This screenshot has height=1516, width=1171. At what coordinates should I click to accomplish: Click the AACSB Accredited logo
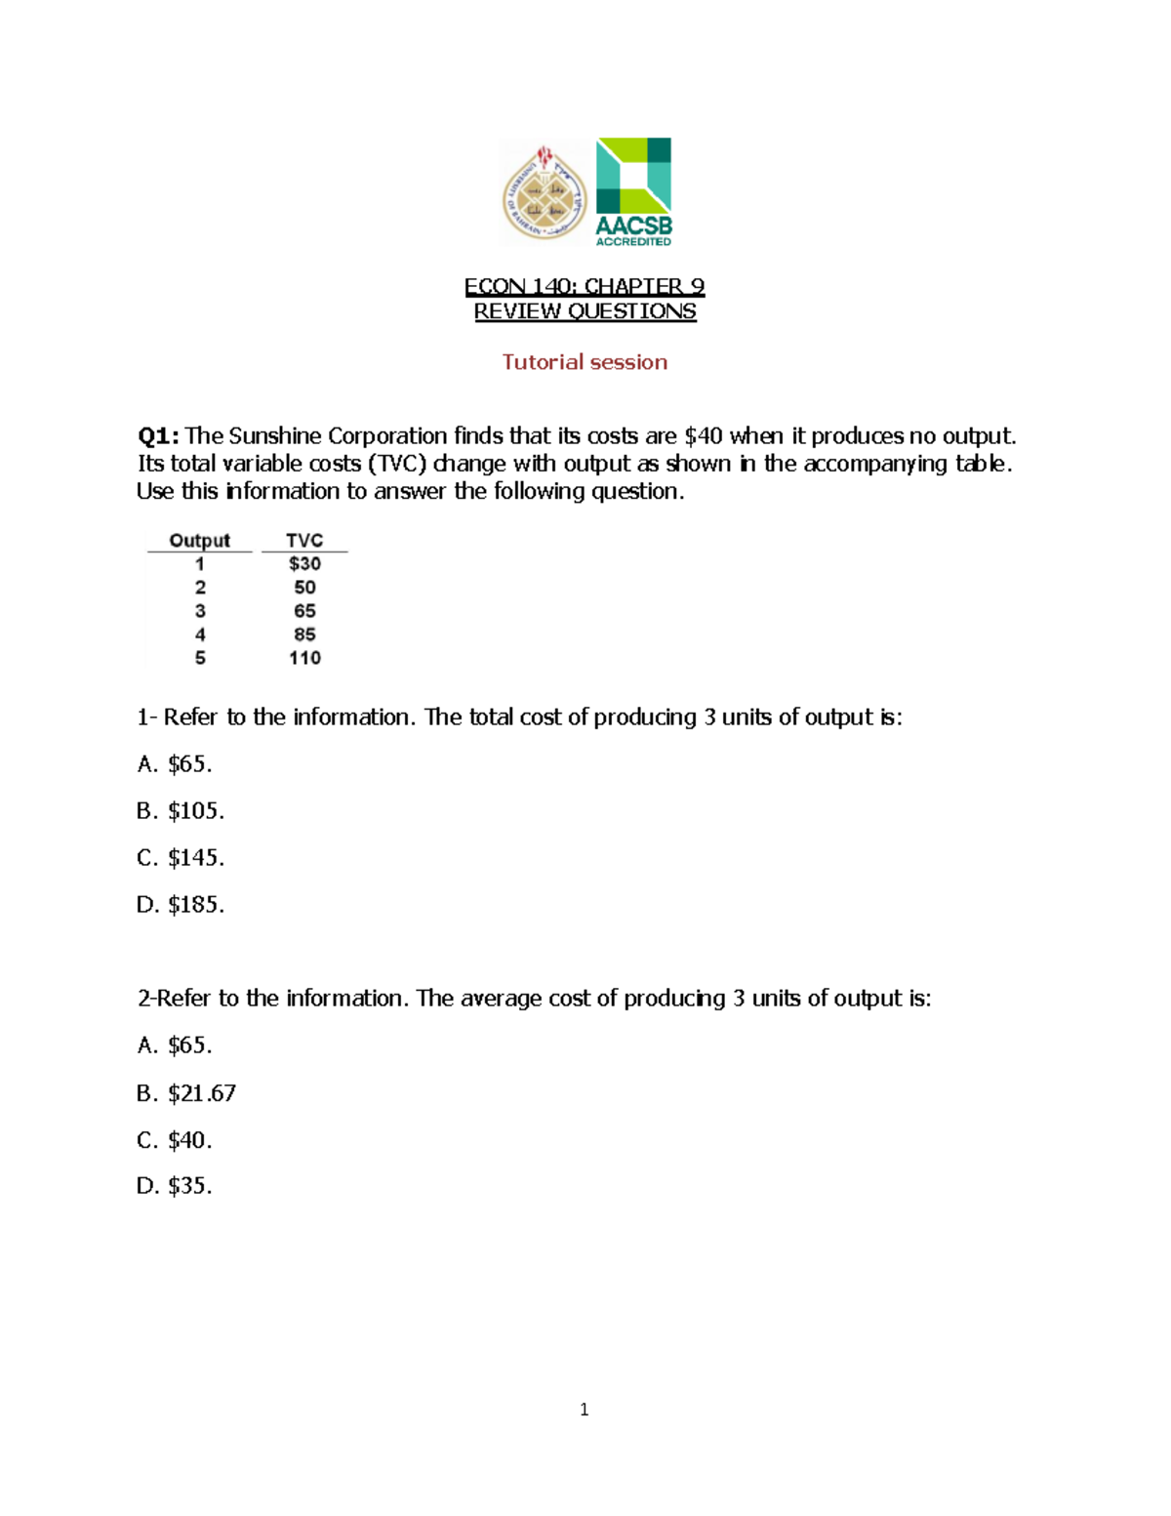click(x=633, y=191)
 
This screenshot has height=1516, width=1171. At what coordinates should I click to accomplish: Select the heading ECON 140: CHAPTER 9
click(x=585, y=286)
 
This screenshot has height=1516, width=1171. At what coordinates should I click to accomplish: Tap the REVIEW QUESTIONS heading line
click(x=585, y=311)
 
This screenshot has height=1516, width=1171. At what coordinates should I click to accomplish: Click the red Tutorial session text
click(x=585, y=362)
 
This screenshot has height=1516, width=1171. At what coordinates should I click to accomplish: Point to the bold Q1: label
click(x=158, y=435)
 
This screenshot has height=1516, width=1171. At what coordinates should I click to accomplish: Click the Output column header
click(x=199, y=540)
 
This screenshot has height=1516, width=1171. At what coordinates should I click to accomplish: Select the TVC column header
click(x=304, y=540)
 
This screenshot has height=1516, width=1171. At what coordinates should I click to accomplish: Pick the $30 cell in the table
click(x=304, y=563)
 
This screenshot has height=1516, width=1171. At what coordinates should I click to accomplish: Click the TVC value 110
click(x=304, y=658)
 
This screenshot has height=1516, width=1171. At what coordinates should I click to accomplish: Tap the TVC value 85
click(x=304, y=635)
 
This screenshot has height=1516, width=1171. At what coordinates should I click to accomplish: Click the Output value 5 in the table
click(x=200, y=658)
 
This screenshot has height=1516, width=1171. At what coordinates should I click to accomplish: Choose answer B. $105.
click(x=181, y=811)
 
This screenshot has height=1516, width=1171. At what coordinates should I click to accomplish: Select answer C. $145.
click(x=181, y=858)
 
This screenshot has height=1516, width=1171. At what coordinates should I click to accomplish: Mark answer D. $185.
click(x=181, y=905)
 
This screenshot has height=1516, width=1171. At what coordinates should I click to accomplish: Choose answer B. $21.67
click(x=186, y=1093)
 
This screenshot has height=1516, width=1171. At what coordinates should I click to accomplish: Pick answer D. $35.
click(x=175, y=1186)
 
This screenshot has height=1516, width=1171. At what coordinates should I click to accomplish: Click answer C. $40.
click(x=175, y=1140)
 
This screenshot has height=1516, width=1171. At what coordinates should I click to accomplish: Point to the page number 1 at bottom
click(x=584, y=1409)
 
